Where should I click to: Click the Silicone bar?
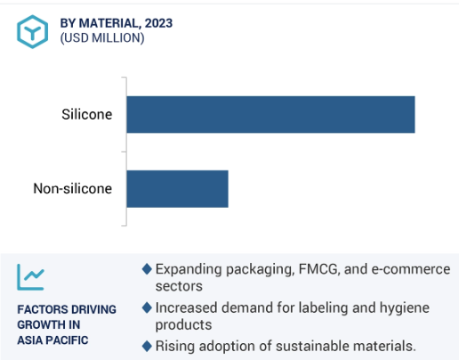[x=270, y=115]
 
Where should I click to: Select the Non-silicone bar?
[x=177, y=188]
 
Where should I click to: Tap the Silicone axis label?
[x=87, y=115]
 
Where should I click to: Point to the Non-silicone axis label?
[x=73, y=188]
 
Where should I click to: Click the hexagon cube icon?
[x=32, y=32]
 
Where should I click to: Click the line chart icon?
[x=30, y=277]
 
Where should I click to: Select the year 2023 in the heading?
[x=158, y=23]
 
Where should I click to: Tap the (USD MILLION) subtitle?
[x=102, y=38]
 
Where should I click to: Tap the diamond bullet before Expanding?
[x=147, y=269]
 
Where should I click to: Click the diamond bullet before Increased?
[x=147, y=308]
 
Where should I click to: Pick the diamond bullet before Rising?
[x=147, y=346]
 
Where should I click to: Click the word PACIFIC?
[x=70, y=340]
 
